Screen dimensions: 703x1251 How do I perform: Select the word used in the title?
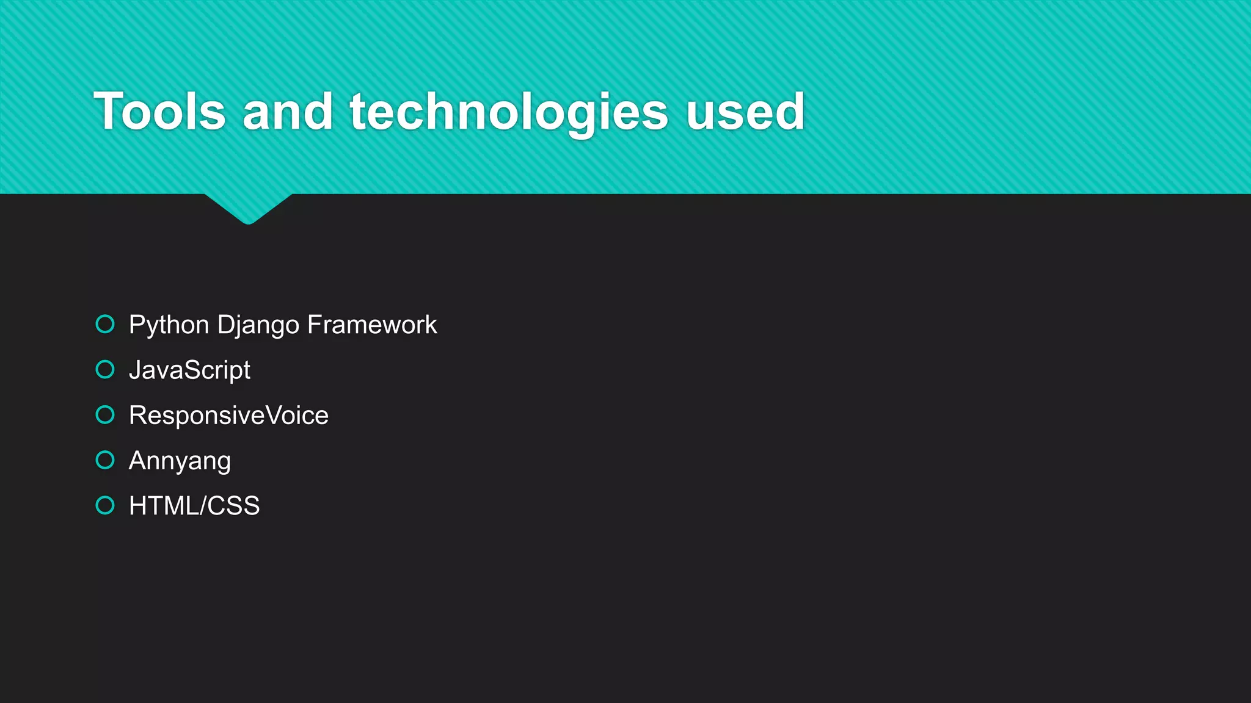(745, 112)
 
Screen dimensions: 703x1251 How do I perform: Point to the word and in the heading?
(288, 112)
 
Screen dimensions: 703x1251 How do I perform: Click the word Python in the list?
(169, 325)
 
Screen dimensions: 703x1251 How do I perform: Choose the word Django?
(258, 325)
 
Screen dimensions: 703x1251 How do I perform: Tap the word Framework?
(372, 325)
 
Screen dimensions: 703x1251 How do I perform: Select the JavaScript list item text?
(189, 370)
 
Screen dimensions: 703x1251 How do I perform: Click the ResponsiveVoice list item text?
(228, 416)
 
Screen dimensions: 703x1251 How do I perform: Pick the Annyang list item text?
(180, 461)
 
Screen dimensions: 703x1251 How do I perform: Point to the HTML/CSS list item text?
(194, 506)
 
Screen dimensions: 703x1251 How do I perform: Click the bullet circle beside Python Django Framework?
(105, 324)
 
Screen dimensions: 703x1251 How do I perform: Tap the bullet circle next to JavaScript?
(105, 369)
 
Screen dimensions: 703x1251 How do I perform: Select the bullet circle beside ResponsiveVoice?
(105, 415)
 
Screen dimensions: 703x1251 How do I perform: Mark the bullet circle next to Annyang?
(105, 460)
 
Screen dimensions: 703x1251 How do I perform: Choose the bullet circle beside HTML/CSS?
(105, 505)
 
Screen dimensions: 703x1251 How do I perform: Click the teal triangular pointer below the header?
(248, 208)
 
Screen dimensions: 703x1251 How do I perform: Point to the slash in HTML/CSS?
(203, 506)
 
